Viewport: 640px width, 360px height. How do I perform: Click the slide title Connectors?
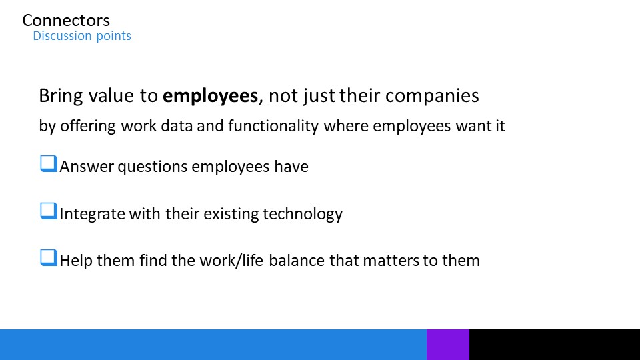[66, 21]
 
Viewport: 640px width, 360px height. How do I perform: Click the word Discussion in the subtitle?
[63, 35]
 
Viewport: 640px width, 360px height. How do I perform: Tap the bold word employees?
[210, 96]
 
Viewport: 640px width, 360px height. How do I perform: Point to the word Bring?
[61, 96]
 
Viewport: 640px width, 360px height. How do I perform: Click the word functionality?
[273, 126]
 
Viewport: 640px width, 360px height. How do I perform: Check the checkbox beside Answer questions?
[49, 164]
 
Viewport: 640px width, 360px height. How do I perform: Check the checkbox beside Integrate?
[49, 211]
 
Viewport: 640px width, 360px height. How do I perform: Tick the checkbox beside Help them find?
[49, 258]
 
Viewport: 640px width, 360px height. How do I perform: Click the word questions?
[153, 167]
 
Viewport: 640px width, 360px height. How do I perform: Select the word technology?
[303, 214]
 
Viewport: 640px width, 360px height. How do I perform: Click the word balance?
[297, 261]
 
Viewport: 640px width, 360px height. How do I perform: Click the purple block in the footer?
[448, 345]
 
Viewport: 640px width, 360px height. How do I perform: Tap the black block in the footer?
[555, 345]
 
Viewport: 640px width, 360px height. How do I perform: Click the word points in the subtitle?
[113, 36]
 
